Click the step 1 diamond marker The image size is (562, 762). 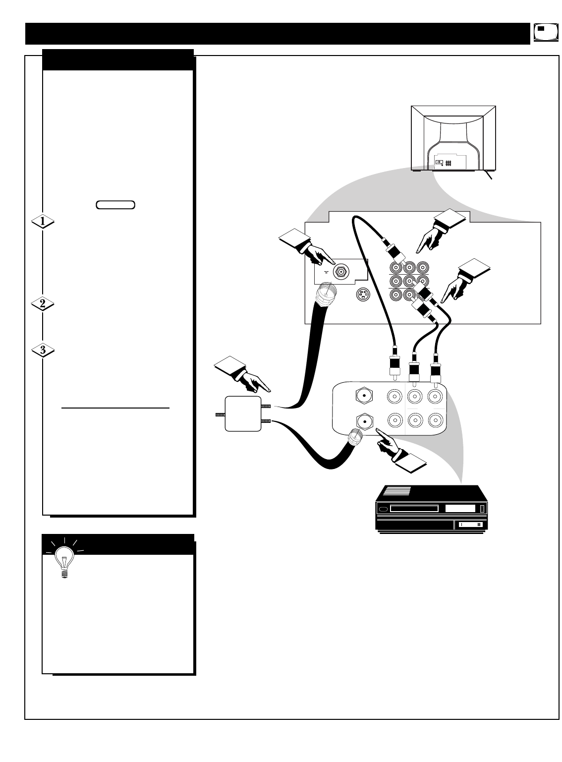pyautogui.click(x=43, y=223)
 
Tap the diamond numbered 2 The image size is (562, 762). pyautogui.click(x=43, y=304)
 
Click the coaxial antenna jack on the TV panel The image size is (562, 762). pyautogui.click(x=341, y=271)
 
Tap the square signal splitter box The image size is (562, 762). pyautogui.click(x=242, y=413)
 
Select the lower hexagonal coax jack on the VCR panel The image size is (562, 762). pyautogui.click(x=364, y=421)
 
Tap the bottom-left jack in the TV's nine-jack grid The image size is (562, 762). pyautogui.click(x=396, y=295)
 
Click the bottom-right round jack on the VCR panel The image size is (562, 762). pyautogui.click(x=434, y=420)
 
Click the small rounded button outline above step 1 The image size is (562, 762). pyautogui.click(x=116, y=204)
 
